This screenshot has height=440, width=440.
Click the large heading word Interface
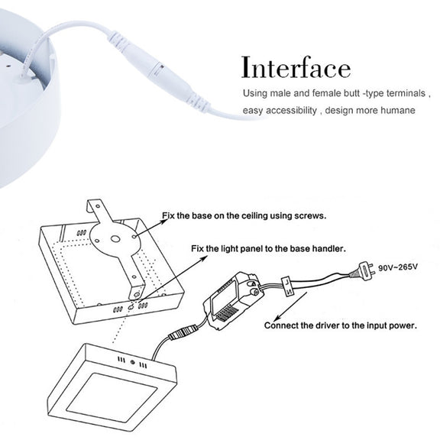pyautogui.click(x=296, y=67)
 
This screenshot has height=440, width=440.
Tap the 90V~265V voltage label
pyautogui.click(x=398, y=267)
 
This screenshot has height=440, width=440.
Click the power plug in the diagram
pyautogui.click(x=363, y=270)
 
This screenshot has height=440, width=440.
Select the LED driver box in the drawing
pyautogui.click(x=234, y=300)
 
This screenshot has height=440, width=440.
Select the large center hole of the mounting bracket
pyautogui.click(x=115, y=239)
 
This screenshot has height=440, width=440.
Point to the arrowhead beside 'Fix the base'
pyautogui.click(x=163, y=222)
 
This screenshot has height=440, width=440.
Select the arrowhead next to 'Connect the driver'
pyautogui.click(x=277, y=318)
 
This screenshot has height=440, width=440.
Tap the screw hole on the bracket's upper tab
pyautogui.click(x=98, y=206)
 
